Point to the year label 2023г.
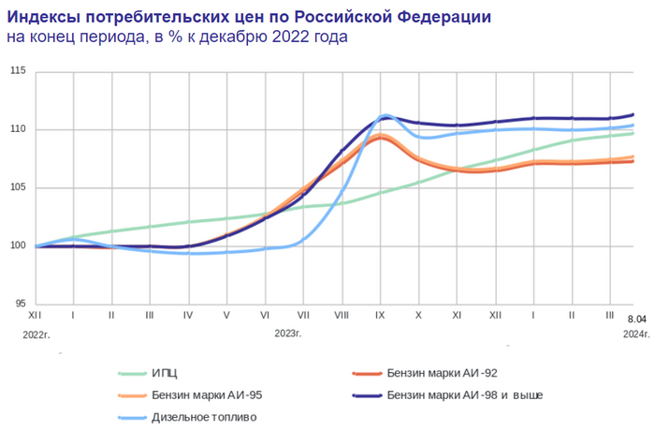[x=287, y=334]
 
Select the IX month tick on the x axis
[x=381, y=318]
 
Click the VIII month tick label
[x=342, y=318]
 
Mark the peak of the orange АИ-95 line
[x=381, y=136]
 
